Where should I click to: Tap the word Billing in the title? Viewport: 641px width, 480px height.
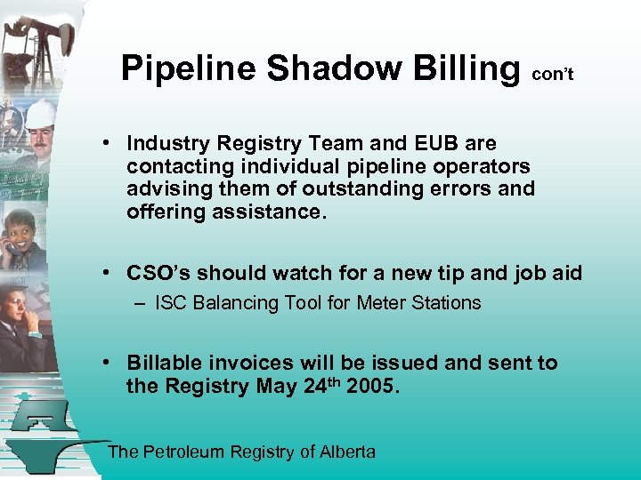tap(466, 68)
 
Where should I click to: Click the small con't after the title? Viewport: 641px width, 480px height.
tap(552, 76)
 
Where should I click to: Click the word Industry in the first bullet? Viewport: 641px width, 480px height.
tap(164, 143)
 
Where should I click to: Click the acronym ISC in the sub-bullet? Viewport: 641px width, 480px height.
tap(171, 303)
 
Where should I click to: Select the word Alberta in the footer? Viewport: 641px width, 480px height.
tap(348, 452)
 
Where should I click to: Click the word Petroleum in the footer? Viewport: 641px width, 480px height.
tap(183, 452)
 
